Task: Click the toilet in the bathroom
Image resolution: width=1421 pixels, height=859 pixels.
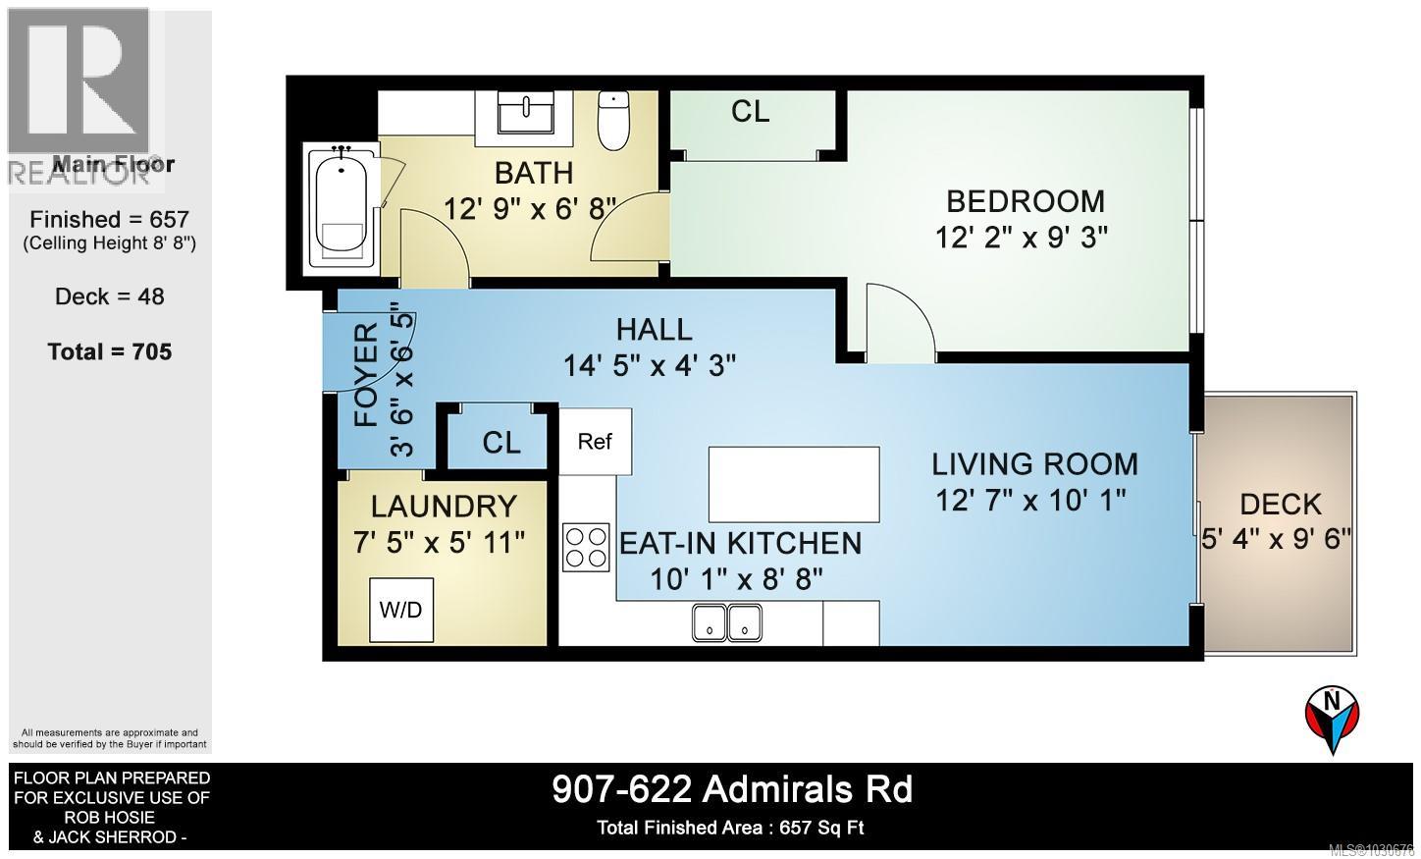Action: click(x=613, y=121)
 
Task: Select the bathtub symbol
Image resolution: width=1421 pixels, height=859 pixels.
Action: click(x=340, y=206)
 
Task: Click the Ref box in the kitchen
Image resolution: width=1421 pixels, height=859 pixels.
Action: click(x=595, y=442)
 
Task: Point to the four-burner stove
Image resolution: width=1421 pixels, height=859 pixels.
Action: click(x=586, y=547)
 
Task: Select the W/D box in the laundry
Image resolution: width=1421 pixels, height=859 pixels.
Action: click(x=400, y=610)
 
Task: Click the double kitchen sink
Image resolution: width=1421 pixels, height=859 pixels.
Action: click(x=727, y=621)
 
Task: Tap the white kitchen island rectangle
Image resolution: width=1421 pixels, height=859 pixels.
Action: click(x=793, y=484)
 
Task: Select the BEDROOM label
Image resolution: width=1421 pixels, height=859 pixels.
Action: click(x=1025, y=201)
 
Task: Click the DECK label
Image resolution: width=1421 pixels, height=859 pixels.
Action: click(x=1280, y=505)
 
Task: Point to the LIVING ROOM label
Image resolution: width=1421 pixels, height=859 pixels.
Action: click(x=1034, y=463)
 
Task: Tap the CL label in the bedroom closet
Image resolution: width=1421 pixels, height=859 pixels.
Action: click(x=751, y=112)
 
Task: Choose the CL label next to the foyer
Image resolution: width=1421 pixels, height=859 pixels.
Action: click(x=501, y=443)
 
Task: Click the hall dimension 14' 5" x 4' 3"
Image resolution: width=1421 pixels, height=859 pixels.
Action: click(x=649, y=365)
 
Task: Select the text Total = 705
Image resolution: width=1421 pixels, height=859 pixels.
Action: click(x=110, y=351)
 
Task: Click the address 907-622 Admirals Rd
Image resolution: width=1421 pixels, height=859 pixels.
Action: click(x=732, y=789)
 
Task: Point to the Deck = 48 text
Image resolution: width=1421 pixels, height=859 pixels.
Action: click(x=110, y=296)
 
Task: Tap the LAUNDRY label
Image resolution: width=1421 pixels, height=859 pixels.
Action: click(x=444, y=507)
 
